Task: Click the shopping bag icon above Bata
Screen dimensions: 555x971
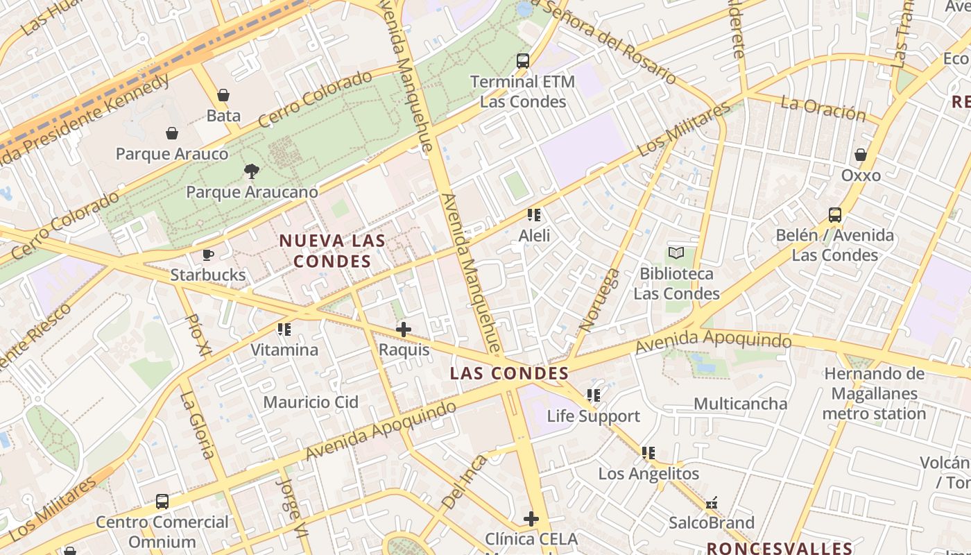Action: [x=223, y=95]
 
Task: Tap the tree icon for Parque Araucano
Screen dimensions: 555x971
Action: [x=252, y=171]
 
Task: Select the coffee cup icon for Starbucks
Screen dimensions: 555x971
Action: [x=207, y=255]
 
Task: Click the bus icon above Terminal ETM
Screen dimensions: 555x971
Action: [x=523, y=61]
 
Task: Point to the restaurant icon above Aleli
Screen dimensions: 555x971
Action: [x=534, y=215]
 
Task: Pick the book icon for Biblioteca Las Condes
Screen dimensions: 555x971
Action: [x=676, y=253]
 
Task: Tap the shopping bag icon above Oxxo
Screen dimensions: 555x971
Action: [x=861, y=155]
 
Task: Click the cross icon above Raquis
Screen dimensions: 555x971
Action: [x=404, y=330]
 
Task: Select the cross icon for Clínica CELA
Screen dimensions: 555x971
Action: [x=531, y=518]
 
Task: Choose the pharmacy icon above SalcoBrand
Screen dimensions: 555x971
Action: [x=711, y=502]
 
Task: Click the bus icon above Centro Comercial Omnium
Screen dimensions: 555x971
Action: [x=162, y=501]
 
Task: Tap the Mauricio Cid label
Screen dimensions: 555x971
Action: [x=311, y=402]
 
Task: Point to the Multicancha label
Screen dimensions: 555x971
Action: [x=741, y=404]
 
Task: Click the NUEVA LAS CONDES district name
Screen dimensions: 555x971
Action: [x=332, y=251]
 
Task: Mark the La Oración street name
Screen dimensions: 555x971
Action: [x=823, y=108]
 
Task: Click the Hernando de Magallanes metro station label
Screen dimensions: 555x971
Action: [x=874, y=393]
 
